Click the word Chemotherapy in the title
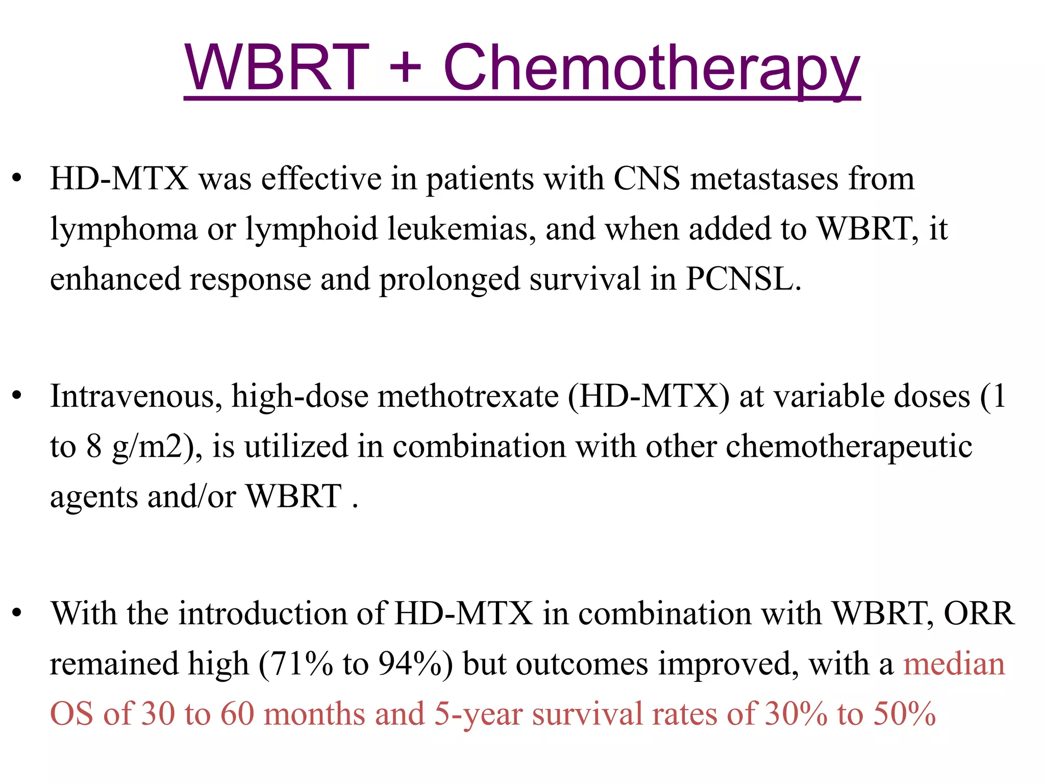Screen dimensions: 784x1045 coord(651,69)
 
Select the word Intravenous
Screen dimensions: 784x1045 coord(136,397)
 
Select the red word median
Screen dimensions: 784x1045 coord(954,664)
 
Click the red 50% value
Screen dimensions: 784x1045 coord(904,714)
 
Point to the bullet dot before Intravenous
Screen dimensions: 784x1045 coord(18,397)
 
